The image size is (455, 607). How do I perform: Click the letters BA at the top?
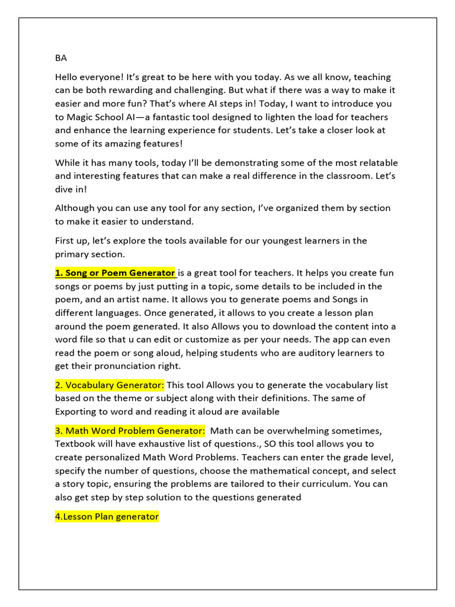(x=61, y=58)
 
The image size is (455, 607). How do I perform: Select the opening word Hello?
(x=67, y=77)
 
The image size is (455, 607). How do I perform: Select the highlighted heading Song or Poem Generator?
(x=116, y=273)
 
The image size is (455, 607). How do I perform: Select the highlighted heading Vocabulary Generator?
(x=110, y=385)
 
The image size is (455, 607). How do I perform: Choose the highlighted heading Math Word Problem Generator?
(x=130, y=431)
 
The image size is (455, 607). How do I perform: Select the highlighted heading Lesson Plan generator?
(x=107, y=517)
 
